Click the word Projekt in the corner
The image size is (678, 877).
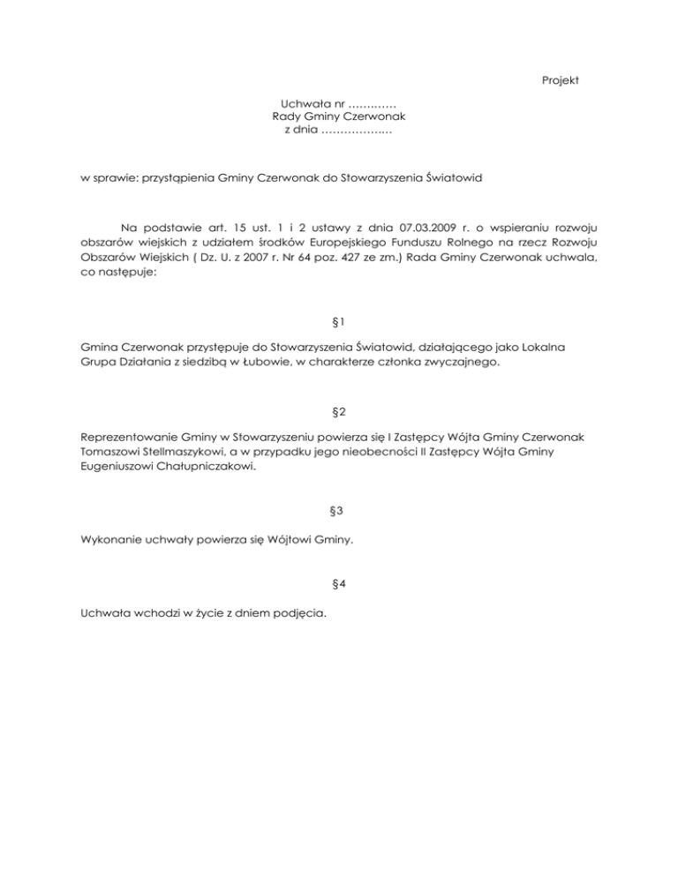(560, 81)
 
